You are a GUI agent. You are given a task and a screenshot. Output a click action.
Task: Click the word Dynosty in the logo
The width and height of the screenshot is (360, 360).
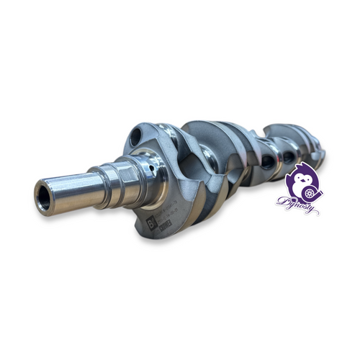(x=295, y=204)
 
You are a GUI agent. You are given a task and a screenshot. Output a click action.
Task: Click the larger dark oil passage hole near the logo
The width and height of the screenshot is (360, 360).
(x=267, y=162)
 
